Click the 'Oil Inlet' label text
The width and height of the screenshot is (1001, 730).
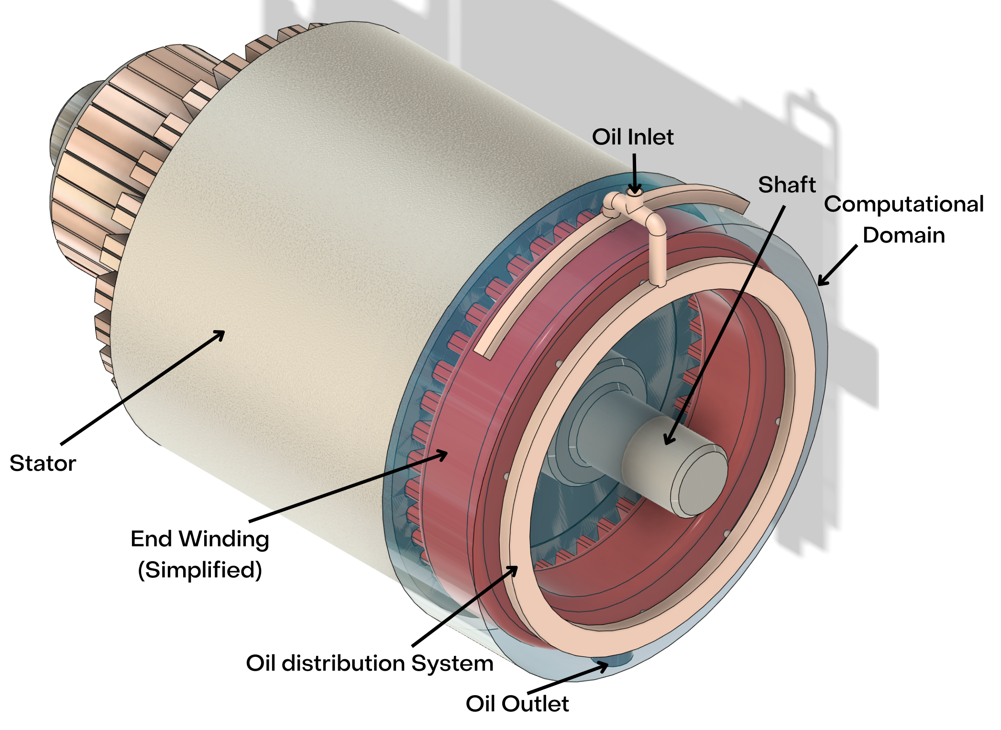[632, 137]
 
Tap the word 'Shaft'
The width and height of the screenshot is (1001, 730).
[787, 185]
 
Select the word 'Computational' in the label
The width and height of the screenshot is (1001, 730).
[903, 204]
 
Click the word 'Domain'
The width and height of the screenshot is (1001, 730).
[903, 235]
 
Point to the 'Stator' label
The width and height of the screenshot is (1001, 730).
[43, 463]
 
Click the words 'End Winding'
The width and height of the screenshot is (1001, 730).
[200, 539]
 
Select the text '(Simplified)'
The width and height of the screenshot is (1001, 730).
[200, 570]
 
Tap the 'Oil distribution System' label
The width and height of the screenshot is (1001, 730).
[369, 664]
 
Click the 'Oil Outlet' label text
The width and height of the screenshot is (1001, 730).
[517, 704]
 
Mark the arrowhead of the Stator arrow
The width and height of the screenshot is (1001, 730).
[221, 333]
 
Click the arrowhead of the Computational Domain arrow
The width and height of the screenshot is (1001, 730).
[821, 282]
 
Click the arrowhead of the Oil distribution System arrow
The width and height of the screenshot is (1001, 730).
[514, 569]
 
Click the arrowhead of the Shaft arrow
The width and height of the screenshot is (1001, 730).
[669, 441]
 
